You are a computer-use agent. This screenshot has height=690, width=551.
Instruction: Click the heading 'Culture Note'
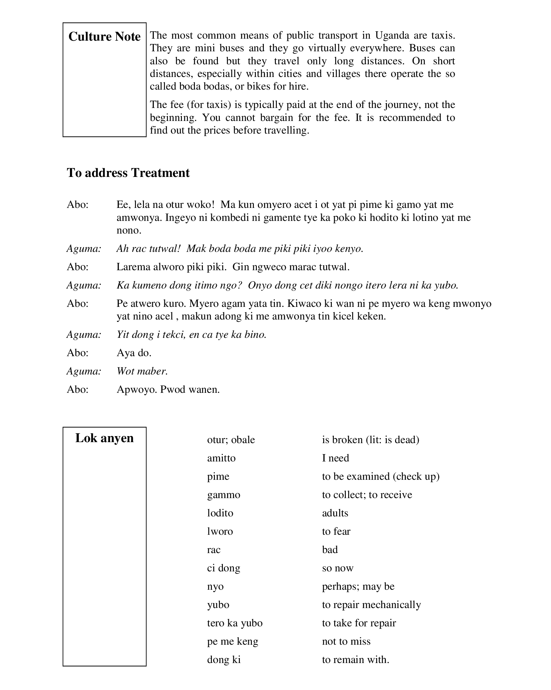pos(104,37)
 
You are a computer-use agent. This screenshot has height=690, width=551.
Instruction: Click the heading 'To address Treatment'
pos(128,173)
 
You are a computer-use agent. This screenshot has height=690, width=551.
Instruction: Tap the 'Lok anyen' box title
pos(104,438)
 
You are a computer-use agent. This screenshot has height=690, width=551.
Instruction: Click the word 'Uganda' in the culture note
pos(392,35)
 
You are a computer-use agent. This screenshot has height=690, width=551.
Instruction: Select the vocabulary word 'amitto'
pos(221,458)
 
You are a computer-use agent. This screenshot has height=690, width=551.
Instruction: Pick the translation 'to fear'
pos(336,531)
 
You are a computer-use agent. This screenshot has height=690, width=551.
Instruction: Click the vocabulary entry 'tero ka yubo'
pos(235,623)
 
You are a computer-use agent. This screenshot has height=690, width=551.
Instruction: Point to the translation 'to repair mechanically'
pos(371,605)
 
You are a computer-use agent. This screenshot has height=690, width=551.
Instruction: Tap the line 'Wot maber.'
pos(142,371)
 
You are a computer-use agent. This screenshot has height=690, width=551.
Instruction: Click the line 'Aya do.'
pos(134,353)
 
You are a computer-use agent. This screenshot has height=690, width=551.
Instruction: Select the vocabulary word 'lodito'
pos(220,513)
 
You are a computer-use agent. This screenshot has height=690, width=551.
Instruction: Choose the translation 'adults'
pos(335,513)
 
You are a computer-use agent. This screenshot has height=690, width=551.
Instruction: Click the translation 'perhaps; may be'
pos(358,586)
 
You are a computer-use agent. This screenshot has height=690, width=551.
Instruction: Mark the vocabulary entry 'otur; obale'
pos(231,440)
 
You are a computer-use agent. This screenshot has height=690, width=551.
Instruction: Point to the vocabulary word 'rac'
pos(214,550)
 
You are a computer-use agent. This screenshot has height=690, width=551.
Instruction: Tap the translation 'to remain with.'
pos(355,660)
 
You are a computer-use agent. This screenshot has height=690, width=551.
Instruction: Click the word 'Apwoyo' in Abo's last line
pos(137,389)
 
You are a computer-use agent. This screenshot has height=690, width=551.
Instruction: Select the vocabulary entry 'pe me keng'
pos(233,641)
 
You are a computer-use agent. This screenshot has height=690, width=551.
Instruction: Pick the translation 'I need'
pos(335,458)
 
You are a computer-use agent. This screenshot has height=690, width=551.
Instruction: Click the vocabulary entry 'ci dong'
pos(224,568)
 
